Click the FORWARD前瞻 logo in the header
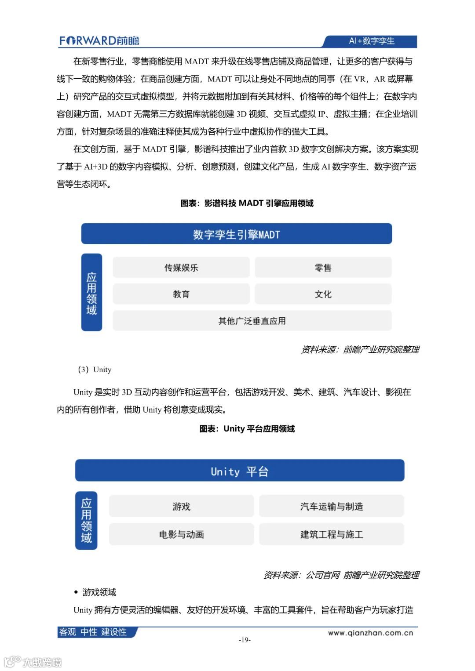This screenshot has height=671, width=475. pos(99,41)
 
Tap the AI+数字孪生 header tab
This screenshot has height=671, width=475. pos(371,41)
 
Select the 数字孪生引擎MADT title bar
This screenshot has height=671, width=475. pos(236,234)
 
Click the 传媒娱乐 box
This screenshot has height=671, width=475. pos(181,268)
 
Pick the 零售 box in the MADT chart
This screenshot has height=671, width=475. pos(323,268)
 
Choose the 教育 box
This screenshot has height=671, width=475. pos(181,294)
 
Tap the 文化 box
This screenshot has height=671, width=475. pos(323,294)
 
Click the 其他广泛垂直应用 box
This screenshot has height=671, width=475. pos(252,321)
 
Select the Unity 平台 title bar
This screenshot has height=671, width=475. pos(239,471)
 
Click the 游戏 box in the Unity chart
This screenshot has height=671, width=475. pos(181,506)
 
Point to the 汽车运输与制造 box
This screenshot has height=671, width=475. pos(331,506)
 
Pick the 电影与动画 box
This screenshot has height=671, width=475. pos(181,534)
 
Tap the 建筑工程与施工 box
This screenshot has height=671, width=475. pos(331,534)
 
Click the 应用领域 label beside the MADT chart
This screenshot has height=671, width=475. pos(91,293)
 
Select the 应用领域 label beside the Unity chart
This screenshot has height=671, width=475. pos(86,520)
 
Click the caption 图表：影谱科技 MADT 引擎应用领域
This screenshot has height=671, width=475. pos(247,203)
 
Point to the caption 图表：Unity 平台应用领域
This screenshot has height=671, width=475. pos(247,428)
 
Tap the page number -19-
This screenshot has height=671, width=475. pos(245,640)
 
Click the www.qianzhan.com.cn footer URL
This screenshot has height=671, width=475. pos(370,633)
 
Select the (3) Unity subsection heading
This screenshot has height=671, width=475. pos(95,370)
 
